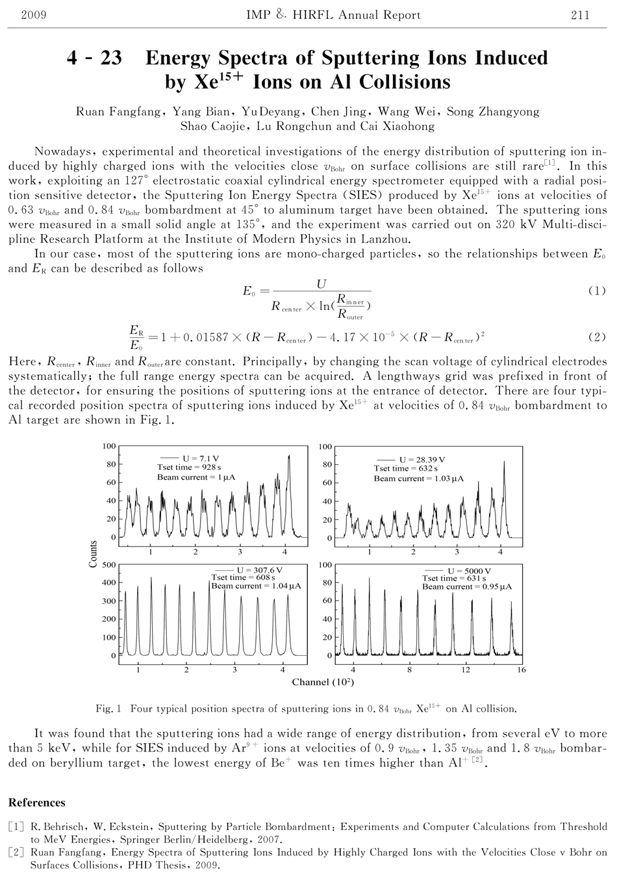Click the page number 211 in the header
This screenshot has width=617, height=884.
coord(580,15)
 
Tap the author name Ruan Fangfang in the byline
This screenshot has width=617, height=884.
coord(119,111)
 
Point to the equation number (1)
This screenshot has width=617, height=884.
coord(596,291)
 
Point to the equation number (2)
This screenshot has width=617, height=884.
coord(596,337)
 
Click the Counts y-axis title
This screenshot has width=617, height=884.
coord(93,554)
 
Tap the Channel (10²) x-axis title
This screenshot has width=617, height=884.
coord(323,682)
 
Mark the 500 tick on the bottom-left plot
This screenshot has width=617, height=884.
coord(108,565)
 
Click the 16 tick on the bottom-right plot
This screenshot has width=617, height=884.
coord(522,669)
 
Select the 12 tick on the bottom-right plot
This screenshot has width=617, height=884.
coord(466,669)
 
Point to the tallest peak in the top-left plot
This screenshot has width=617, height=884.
coord(288,456)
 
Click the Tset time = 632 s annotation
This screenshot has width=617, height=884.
coord(406,469)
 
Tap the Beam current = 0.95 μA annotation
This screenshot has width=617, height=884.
coord(466,586)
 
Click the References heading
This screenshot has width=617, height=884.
coord(37,802)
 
